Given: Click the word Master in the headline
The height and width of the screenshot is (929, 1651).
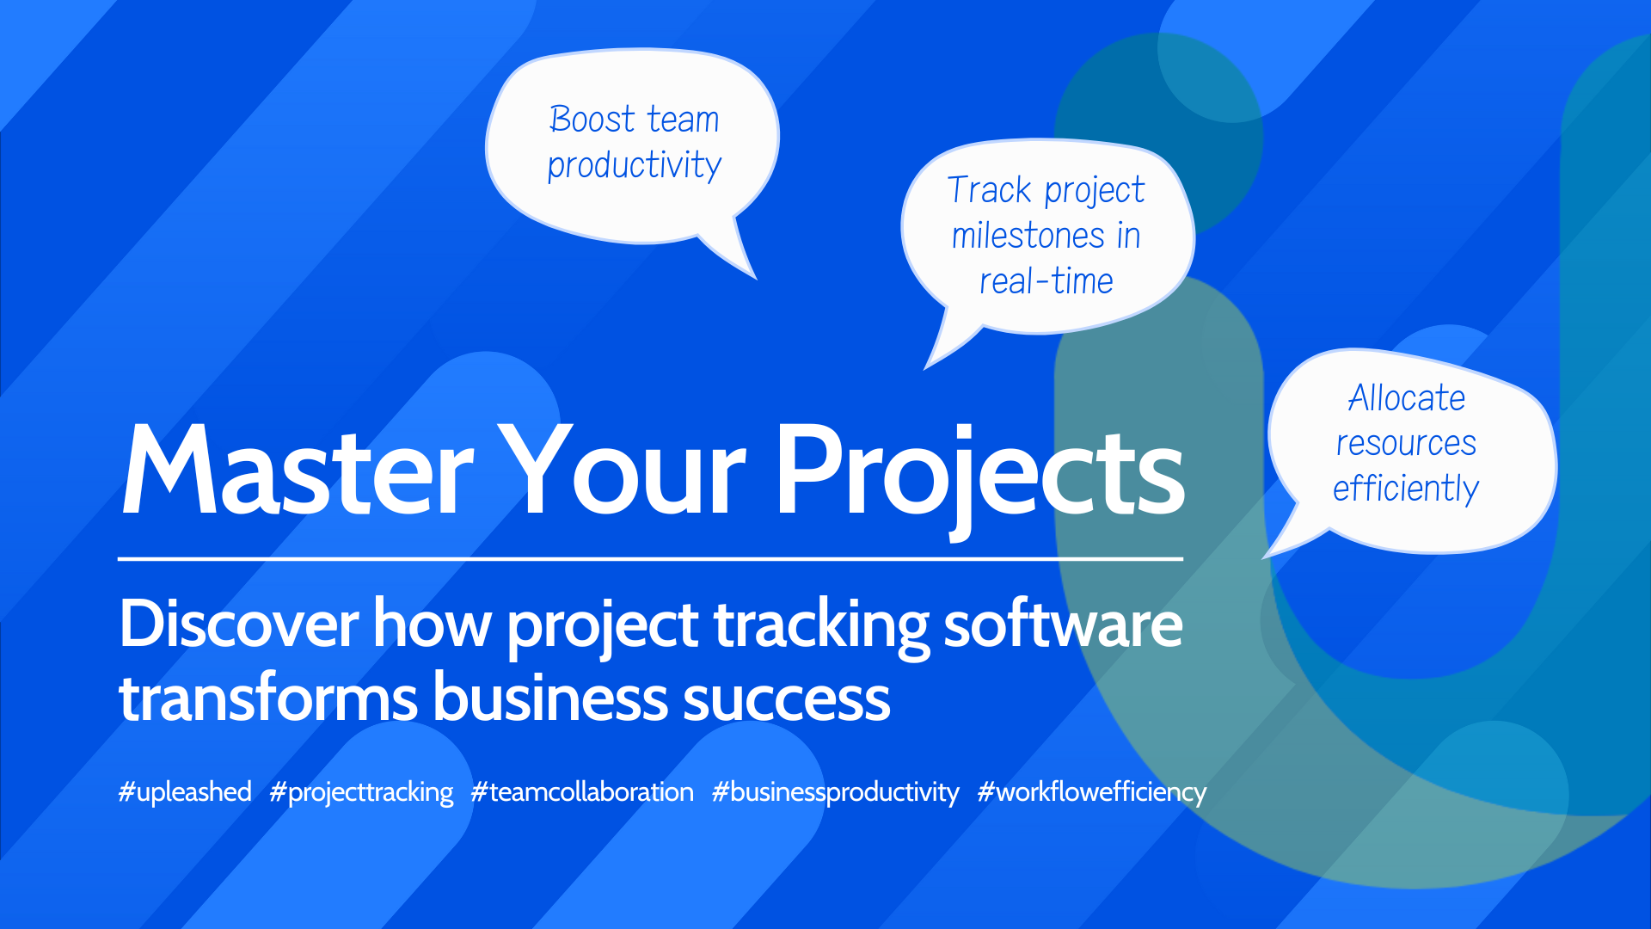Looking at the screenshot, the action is [x=298, y=471].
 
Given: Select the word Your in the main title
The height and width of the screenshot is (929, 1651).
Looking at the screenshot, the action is [x=623, y=471].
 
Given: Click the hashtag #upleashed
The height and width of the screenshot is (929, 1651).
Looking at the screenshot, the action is [x=185, y=792].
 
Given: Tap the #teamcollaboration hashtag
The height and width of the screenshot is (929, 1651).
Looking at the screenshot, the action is [x=582, y=792].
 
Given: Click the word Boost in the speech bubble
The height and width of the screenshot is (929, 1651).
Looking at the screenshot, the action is [x=592, y=119].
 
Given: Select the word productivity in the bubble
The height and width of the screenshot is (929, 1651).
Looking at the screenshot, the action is [x=635, y=165].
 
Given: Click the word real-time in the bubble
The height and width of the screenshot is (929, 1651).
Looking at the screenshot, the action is [x=1046, y=281].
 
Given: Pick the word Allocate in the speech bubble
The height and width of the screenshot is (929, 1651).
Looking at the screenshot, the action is [x=1407, y=398].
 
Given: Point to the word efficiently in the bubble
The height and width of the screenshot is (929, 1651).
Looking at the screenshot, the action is [x=1406, y=489].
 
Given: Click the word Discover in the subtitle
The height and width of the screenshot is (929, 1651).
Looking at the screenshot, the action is [x=239, y=624].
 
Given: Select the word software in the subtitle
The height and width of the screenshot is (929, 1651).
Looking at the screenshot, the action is [x=1063, y=624].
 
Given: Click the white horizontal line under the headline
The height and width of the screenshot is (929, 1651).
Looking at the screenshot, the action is [x=651, y=559].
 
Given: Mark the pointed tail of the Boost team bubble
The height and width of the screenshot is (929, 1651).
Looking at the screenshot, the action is [x=755, y=278].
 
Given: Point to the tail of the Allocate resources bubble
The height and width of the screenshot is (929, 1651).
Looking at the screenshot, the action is [x=1264, y=557].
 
